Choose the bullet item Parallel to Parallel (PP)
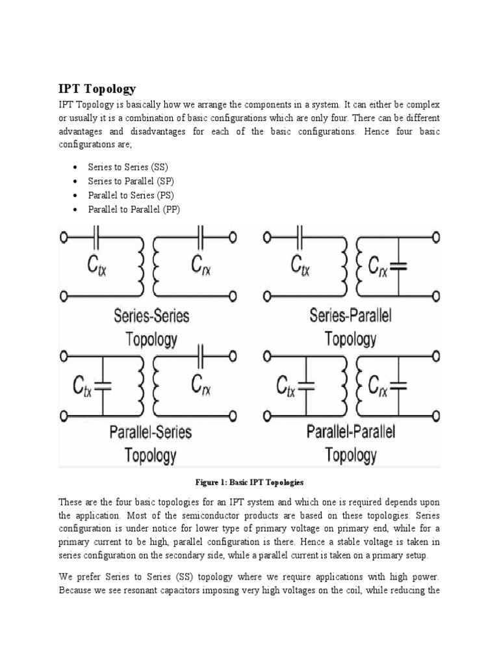coord(129,209)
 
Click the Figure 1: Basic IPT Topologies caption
coord(249,483)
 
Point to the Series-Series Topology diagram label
coord(151,328)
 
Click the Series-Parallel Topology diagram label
coord(351,328)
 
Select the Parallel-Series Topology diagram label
coord(151,442)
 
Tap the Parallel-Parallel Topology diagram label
coord(351,442)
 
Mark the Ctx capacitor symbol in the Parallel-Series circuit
coord(102,386)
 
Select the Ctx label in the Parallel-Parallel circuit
coord(283,387)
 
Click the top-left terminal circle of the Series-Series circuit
coord(64,238)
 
